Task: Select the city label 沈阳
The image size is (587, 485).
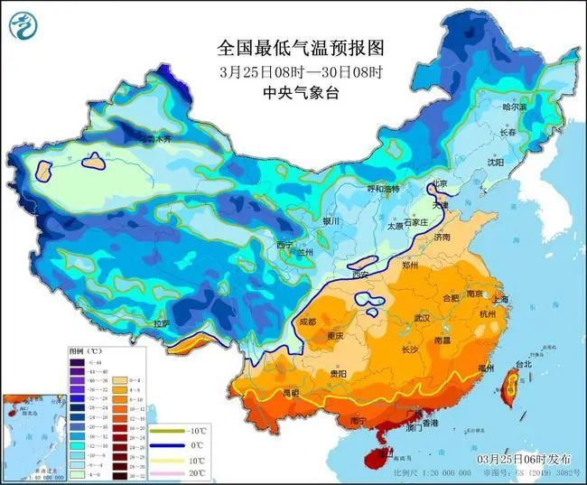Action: point(494,163)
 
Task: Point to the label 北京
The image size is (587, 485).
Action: point(440,182)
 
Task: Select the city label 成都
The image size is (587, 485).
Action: point(309,321)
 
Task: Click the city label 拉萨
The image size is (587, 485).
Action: point(161,323)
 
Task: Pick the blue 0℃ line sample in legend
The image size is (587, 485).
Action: point(169,445)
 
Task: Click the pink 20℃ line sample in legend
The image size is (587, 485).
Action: point(169,472)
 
